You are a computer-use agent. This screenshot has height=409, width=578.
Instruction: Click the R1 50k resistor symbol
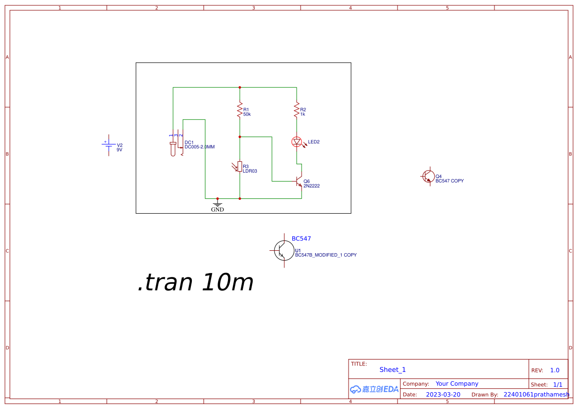point(240,109)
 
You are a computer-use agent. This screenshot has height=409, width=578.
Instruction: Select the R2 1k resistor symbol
point(297,109)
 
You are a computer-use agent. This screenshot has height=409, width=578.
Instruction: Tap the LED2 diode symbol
point(297,142)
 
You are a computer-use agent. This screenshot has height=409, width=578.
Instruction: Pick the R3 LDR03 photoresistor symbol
point(239,167)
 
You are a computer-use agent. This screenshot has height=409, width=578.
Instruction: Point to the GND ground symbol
point(218,204)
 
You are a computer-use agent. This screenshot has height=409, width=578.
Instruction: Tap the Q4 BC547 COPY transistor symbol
point(428,176)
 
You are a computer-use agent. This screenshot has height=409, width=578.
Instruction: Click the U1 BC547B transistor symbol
point(283,251)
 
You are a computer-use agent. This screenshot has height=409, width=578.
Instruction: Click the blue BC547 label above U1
point(301,238)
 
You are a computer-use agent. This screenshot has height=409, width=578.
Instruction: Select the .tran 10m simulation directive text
point(195,283)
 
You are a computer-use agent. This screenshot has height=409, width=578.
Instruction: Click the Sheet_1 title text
point(393,369)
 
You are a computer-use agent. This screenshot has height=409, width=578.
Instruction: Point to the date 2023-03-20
point(443,395)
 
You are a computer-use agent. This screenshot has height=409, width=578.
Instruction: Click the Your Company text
point(457,384)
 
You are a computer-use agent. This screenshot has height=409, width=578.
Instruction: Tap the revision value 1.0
point(555,370)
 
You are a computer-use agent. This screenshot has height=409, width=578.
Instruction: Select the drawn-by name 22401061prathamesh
point(536,395)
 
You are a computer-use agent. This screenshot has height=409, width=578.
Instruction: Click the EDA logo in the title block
point(374,389)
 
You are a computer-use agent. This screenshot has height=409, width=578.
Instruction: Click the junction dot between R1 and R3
point(240,136)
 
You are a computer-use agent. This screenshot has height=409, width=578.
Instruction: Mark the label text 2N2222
point(311,186)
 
